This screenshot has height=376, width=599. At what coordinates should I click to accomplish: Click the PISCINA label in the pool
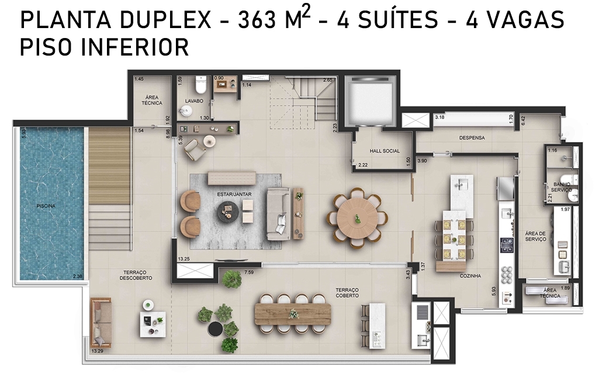tap(46, 206)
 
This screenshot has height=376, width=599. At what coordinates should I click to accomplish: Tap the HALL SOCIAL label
tap(385, 151)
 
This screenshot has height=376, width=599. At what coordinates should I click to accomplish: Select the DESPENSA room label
tap(472, 137)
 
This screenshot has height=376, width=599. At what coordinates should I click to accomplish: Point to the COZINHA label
tap(470, 275)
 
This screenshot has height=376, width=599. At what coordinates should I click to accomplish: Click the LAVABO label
tap(194, 101)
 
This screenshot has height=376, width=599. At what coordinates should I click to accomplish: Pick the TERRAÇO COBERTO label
tap(347, 293)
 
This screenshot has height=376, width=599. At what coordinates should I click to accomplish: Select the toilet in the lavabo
tap(200, 84)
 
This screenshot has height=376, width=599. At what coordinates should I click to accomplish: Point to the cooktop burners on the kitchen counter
tap(507, 245)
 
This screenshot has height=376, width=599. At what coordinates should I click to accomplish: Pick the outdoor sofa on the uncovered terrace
tap(101, 323)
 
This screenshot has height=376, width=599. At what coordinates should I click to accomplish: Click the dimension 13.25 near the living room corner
tap(183, 259)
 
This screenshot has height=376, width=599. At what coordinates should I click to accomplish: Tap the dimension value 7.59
tap(249, 272)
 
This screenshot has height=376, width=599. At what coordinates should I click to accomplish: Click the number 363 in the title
tap(257, 20)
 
